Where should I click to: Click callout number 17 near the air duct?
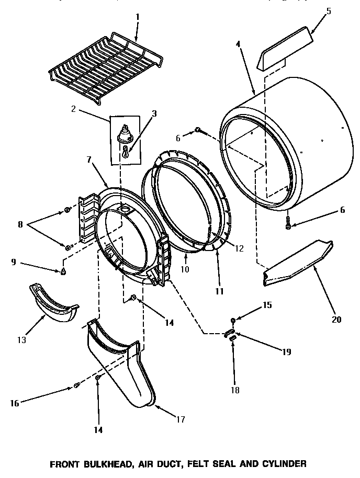click(180, 419)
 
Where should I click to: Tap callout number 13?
click(21, 339)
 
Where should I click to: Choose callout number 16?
click(15, 403)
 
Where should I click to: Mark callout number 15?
click(267, 305)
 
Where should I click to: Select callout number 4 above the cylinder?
click(239, 44)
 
